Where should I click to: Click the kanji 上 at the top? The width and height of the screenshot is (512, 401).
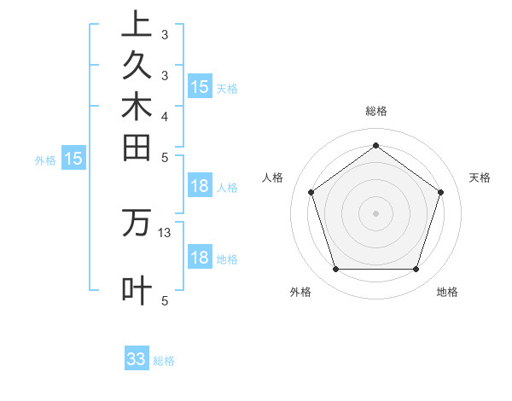point(137,24)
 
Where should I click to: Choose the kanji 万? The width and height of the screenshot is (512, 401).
point(137,223)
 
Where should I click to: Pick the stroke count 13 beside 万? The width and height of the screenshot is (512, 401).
point(165,232)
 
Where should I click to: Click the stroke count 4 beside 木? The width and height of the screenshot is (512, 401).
point(165,116)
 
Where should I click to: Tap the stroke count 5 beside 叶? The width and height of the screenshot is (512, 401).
point(165,301)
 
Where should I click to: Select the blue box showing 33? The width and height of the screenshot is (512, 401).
point(137,359)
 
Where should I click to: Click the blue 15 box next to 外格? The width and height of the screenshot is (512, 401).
point(74,158)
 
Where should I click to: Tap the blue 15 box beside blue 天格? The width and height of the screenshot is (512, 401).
point(200,87)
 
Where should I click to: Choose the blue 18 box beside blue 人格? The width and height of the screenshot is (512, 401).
point(200,187)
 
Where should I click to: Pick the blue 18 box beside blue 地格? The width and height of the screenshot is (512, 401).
point(200,258)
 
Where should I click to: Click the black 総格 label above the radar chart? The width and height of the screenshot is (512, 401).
point(376,111)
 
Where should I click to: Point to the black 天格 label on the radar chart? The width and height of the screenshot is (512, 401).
point(480,177)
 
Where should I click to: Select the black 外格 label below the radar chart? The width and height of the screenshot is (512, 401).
point(300,292)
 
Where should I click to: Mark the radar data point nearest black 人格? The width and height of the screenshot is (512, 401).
point(311,192)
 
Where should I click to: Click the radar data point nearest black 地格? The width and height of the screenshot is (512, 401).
point(416,270)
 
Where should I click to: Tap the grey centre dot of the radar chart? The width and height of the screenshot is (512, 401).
point(375,212)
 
